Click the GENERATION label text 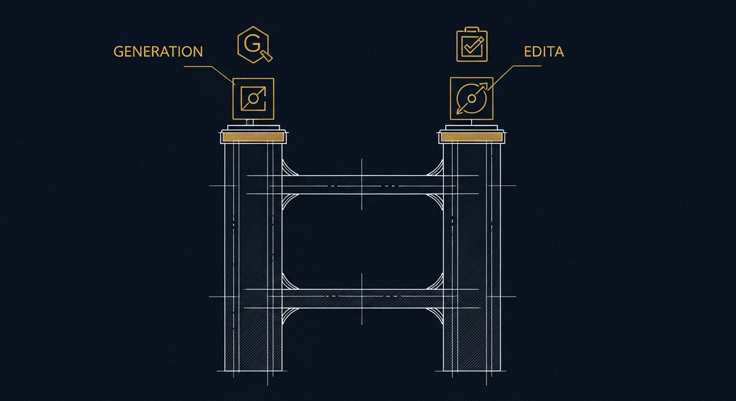click(158, 52)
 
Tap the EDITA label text click(544, 52)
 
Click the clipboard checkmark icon click(472, 44)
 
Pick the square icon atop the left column click(254, 99)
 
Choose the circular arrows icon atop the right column click(471, 98)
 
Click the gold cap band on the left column click(253, 137)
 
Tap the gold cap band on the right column click(471, 137)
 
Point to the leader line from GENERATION click(209, 74)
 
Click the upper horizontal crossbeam click(362, 185)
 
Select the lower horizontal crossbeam click(362, 299)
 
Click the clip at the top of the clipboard click(472, 29)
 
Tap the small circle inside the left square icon click(252, 98)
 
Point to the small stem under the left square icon click(250, 122)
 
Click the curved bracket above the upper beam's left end click(289, 168)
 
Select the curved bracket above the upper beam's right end click(435, 168)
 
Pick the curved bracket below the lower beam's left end click(289, 316)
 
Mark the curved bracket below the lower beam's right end click(435, 316)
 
